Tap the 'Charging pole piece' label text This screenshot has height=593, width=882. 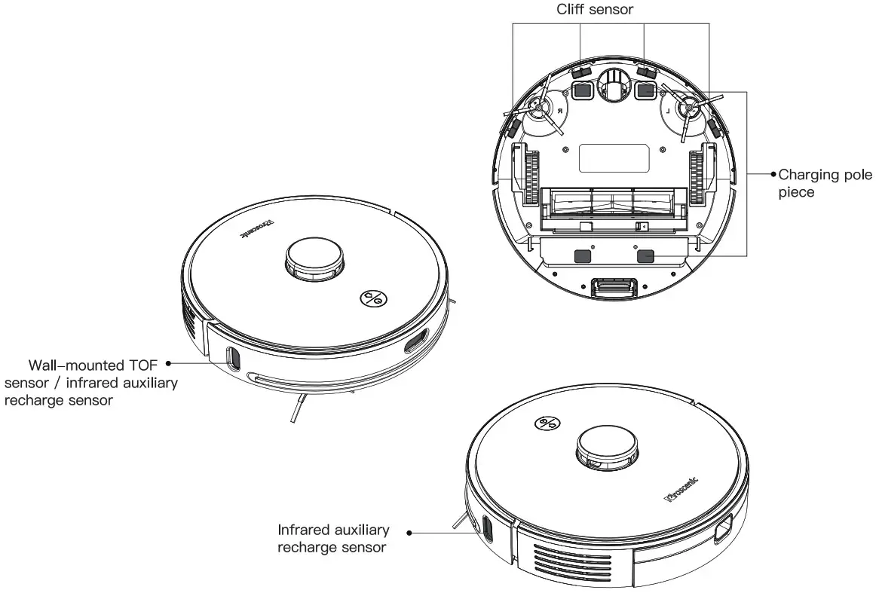point(824,183)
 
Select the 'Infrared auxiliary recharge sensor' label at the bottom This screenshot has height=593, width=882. point(333,539)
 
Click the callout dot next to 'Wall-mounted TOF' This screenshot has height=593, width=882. point(167,362)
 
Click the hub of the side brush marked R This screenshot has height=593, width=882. point(539,109)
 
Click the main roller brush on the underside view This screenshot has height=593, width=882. point(612,203)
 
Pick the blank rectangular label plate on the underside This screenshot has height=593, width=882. point(614,158)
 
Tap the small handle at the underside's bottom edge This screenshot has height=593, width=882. point(614,287)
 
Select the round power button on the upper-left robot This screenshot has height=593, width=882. point(372,298)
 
